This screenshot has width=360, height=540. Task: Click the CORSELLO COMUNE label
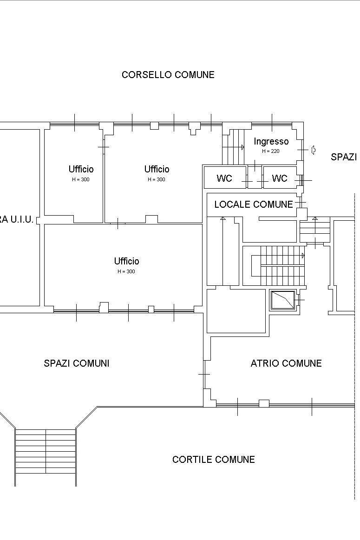pyautogui.click(x=168, y=75)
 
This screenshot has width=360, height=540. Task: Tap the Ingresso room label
pyautogui.click(x=271, y=142)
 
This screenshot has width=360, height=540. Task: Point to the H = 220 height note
pyautogui.click(x=270, y=151)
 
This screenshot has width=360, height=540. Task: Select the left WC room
pyautogui.click(x=224, y=178)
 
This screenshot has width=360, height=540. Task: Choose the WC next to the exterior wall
pyautogui.click(x=280, y=178)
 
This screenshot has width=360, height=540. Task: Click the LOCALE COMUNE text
pyautogui.click(x=254, y=204)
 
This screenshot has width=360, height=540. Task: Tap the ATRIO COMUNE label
pyautogui.click(x=286, y=363)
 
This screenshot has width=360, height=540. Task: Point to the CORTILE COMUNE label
pyautogui.click(x=213, y=460)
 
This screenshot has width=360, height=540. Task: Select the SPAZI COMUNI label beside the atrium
pyautogui.click(x=76, y=363)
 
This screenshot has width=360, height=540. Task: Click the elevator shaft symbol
pyautogui.click(x=283, y=300)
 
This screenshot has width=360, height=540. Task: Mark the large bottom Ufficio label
pyautogui.click(x=127, y=261)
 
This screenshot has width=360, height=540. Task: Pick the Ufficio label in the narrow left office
pyautogui.click(x=81, y=169)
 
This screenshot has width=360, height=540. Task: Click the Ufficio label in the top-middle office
pyautogui.click(x=157, y=169)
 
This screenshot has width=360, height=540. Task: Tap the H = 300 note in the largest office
pyautogui.click(x=126, y=271)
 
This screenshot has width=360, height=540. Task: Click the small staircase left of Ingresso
pyautogui.click(x=233, y=147)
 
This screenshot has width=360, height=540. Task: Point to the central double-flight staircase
pyautogui.click(x=277, y=266)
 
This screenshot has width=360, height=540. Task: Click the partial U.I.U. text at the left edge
pyautogui.click(x=17, y=220)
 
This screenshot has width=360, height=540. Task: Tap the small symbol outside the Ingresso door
pyautogui.click(x=314, y=150)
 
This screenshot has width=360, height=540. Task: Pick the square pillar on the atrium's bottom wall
pyautogui.click(x=264, y=403)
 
